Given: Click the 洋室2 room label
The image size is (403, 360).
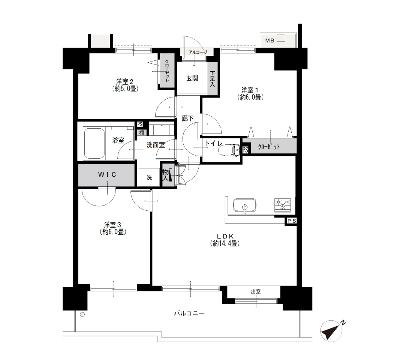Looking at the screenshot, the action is [x=125, y=82].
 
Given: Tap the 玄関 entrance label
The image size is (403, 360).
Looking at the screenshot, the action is [x=192, y=78].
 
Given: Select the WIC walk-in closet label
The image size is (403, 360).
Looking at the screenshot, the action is [x=107, y=175].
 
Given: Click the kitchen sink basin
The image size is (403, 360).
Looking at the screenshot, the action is [x=244, y=205].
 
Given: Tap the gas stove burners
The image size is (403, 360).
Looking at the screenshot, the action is [x=283, y=205].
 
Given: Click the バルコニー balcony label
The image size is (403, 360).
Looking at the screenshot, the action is [x=189, y=313].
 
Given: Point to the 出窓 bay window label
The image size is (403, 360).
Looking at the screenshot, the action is [x=256, y=292].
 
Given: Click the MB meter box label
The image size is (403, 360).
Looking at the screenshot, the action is [x=270, y=40].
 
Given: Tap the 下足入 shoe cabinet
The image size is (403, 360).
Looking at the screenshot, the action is [x=212, y=79].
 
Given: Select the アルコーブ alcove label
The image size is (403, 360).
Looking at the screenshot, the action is [x=198, y=52].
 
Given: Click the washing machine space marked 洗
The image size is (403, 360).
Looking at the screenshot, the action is [x=149, y=177].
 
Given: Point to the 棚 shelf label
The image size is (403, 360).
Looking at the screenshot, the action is [x=141, y=133].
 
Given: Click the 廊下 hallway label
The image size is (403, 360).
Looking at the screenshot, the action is [x=187, y=118].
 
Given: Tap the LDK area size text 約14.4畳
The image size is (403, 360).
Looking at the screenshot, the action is [x=225, y=243].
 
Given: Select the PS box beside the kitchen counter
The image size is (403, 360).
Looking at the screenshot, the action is [x=291, y=221].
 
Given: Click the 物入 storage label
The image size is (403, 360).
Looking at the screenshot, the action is [x=166, y=175].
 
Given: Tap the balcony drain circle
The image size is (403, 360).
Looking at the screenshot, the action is [x=82, y=314].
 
